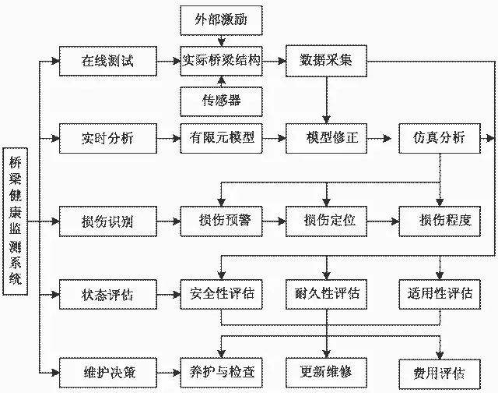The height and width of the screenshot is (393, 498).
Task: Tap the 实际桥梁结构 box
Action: [x=221, y=61]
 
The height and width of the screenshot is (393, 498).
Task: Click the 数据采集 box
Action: [x=325, y=61]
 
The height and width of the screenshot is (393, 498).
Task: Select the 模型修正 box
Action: [x=325, y=139]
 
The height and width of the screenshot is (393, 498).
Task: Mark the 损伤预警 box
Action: [x=221, y=221]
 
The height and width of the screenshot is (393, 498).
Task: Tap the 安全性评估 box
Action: [x=221, y=294]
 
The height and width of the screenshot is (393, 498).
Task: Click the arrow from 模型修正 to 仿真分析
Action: [x=381, y=139]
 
